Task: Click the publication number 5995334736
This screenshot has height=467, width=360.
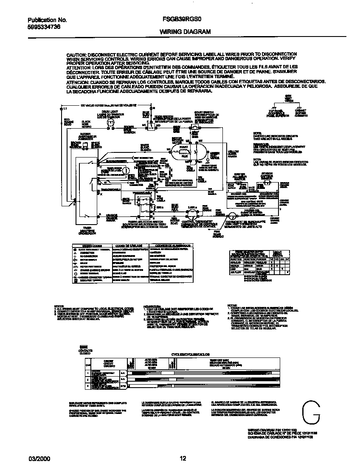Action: pos(44,26)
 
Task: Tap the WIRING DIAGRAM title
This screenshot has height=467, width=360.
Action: pos(179,32)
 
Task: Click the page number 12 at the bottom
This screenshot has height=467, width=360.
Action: pos(183,458)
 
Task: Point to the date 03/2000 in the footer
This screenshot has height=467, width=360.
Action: pos(37,458)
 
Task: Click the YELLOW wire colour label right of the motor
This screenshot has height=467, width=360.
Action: pos(233,151)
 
